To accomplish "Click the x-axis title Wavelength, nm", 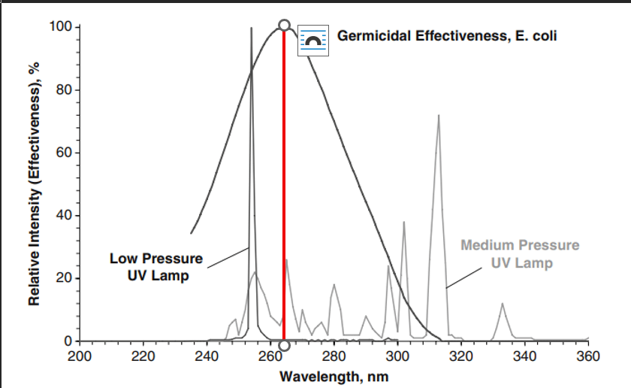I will (334, 375).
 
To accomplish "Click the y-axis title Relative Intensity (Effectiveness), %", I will (34, 183).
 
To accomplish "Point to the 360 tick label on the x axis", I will (588, 356).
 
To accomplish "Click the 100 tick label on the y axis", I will (61, 28).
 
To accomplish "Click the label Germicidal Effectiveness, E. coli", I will (447, 35).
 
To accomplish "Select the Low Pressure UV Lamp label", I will (156, 267).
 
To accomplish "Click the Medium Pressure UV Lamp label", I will (520, 254).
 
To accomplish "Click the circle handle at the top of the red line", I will (284, 26).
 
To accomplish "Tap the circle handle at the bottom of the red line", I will (284, 346).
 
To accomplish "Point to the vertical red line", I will (284, 188).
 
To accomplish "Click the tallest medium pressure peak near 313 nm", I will (439, 117).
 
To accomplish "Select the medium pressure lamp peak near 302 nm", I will (404, 223).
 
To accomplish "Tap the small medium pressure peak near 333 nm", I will (503, 304).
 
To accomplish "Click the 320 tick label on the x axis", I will (461, 356).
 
